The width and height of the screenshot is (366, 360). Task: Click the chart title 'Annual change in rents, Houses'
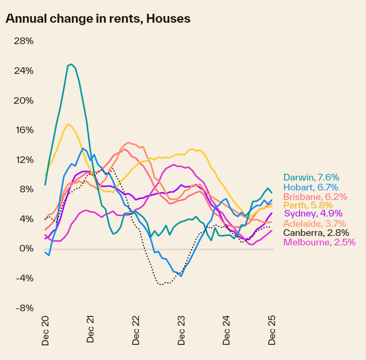pos(98,19)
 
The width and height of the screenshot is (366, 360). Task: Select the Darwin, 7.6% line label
pos(311,178)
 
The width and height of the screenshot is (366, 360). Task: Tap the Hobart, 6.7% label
pos(311,187)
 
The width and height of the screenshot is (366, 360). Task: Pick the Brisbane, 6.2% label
pos(315,197)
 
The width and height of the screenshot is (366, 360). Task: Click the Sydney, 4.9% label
pos(313,214)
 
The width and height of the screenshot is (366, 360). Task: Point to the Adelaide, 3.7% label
pos(315,224)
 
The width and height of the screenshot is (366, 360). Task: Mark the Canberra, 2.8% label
pos(316,233)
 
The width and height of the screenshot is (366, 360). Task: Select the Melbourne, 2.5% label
pos(319,242)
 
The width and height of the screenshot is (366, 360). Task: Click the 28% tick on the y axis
pos(24,41)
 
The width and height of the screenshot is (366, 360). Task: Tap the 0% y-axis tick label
pos(26,249)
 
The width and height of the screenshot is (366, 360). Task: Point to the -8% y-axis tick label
pos(24,308)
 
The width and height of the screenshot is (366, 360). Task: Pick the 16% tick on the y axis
pos(24,130)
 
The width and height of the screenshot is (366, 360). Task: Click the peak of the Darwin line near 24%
pos(71,64)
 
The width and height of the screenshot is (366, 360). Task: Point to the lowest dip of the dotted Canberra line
pos(161,285)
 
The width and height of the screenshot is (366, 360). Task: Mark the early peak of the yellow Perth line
pos(68,124)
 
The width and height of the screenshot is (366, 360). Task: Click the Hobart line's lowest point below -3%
pos(181,276)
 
